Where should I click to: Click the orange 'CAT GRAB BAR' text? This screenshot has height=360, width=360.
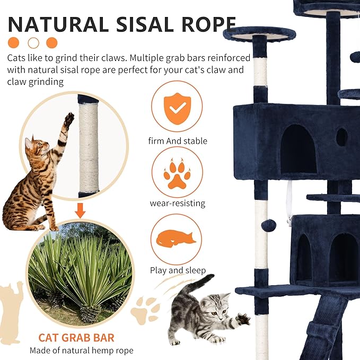pos(76,337)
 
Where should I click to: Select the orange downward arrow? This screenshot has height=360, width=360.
pos(80,212)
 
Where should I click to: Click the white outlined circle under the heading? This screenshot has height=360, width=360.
pos(33,42)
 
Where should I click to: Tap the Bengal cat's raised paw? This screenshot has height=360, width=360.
pos(68,119)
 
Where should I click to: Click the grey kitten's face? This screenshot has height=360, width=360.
pos(216,312)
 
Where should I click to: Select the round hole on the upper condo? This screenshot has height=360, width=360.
pos(341,137)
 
